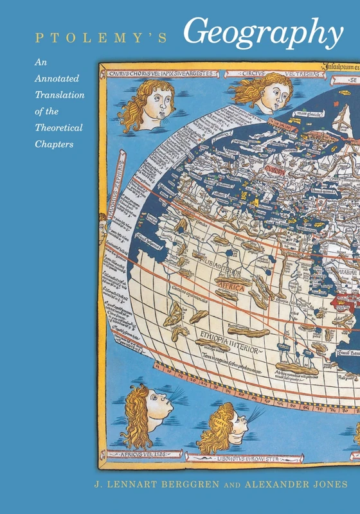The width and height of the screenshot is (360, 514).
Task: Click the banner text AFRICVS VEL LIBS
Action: tap(141, 454)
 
